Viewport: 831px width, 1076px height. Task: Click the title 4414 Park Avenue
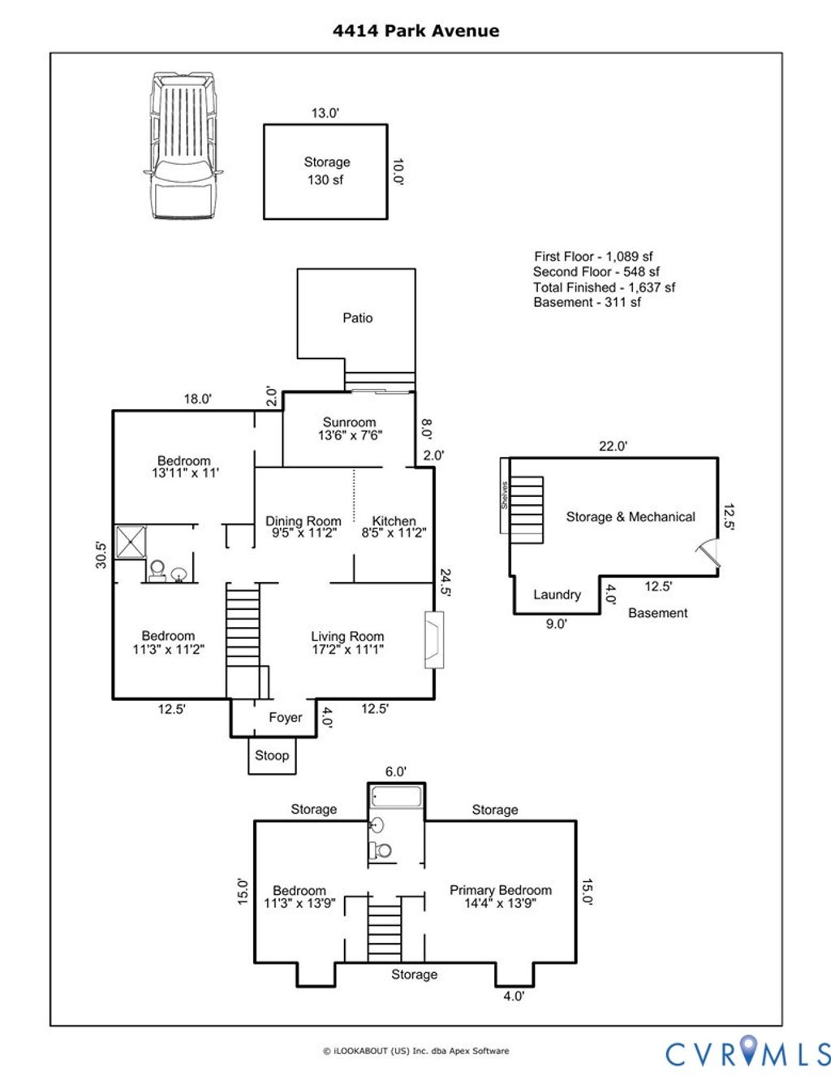point(415,31)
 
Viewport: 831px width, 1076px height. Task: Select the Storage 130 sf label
point(326,171)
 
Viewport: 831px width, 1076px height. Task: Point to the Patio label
point(357,318)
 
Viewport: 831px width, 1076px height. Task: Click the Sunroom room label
point(350,428)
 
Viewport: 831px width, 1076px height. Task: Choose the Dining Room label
point(303,526)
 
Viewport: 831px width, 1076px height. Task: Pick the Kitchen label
point(394,526)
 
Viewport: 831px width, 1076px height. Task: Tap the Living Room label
point(347,642)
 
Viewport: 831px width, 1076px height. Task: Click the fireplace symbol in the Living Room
point(435,639)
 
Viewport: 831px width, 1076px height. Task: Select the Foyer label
point(285,717)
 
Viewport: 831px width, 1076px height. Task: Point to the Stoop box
point(272,756)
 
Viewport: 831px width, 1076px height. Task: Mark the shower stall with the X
point(131,542)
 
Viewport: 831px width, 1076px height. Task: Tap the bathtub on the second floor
point(396,796)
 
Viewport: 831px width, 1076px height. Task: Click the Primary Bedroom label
point(500,896)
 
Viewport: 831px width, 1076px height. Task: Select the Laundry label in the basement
point(557,594)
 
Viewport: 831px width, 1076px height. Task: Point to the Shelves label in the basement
point(504,495)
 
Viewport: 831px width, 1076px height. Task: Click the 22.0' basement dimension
point(613,446)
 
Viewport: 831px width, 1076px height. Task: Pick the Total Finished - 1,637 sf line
point(604,287)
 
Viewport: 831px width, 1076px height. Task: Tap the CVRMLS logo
point(747,1053)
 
